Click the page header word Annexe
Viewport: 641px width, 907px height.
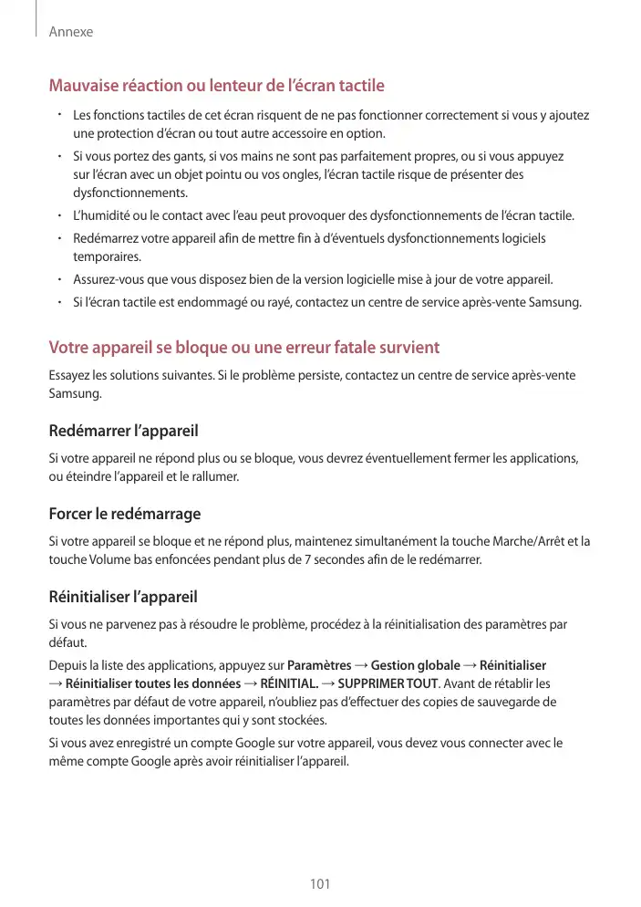pos(72,32)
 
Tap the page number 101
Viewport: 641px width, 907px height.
pos(320,884)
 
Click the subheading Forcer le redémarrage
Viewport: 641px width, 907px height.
pos(124,515)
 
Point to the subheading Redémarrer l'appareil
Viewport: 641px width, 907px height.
pos(123,430)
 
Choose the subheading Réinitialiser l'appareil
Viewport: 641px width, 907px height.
pos(122,599)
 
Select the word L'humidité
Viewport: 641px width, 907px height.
pos(101,216)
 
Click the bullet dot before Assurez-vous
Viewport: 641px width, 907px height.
pos(57,279)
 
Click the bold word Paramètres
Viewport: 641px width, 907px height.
pos(319,664)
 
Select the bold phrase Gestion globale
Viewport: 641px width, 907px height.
pos(415,664)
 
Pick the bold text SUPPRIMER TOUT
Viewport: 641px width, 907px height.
pos(388,683)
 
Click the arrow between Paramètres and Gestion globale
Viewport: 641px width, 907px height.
pos(361,664)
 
